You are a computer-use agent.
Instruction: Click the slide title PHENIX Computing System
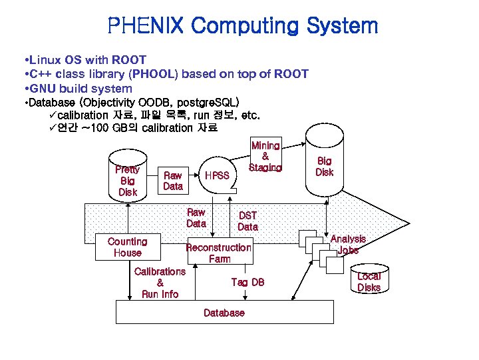242,26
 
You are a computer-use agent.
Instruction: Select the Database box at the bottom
224,313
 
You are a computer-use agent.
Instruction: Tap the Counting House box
127,247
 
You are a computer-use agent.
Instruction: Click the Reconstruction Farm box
219,253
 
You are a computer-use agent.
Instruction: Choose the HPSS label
216,175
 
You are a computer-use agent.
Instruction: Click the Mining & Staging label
265,156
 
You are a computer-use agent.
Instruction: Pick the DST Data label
247,221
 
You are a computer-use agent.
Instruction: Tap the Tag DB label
247,282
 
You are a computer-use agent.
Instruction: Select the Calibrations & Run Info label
160,283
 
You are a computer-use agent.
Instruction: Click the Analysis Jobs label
348,244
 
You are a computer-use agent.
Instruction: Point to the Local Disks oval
369,281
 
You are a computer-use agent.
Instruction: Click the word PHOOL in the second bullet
154,74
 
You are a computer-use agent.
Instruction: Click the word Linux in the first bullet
45,60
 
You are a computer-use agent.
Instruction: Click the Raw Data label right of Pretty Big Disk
173,181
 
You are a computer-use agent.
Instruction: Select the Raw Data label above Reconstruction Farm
196,217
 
